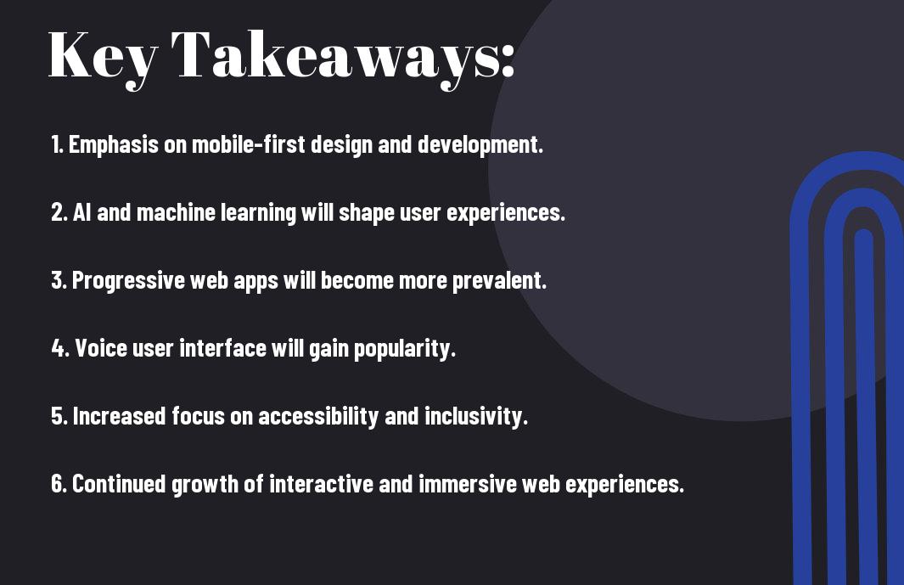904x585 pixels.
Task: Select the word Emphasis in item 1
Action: [114, 144]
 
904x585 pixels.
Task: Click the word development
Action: [480, 144]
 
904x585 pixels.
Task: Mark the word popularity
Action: [405, 348]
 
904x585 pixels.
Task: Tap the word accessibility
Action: [318, 416]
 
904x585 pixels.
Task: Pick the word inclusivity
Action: [476, 416]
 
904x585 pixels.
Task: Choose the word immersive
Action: [468, 483]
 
